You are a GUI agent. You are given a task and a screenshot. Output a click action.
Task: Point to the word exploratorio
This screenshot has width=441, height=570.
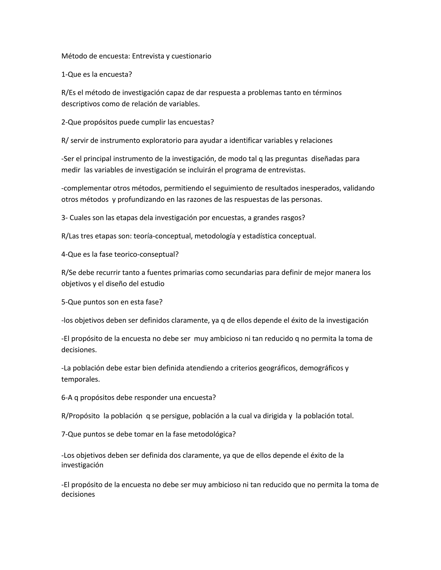(161, 140)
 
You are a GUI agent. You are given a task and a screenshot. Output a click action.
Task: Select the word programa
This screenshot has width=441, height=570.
(239, 170)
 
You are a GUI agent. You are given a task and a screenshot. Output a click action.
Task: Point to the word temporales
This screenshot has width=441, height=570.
(81, 379)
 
